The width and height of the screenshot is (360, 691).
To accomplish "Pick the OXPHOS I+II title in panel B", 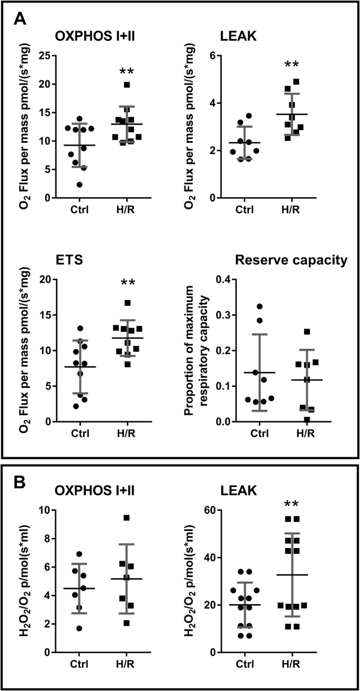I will point(95,491).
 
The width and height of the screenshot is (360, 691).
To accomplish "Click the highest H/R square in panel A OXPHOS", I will point(127,85).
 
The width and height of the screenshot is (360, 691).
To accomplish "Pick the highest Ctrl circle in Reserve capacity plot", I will point(259,306).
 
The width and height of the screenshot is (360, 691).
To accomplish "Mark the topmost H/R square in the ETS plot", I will point(127,303).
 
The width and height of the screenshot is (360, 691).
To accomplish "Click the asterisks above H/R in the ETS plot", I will point(128,283).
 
